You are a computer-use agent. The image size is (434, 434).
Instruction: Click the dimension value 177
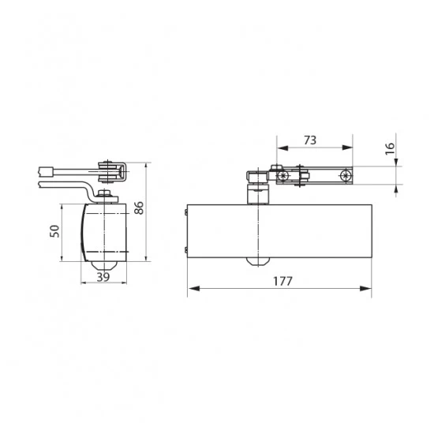point(282,281)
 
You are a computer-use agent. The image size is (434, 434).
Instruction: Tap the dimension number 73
point(310,140)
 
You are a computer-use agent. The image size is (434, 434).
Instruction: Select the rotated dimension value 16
point(390,148)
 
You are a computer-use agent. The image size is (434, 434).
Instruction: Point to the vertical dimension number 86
point(139,208)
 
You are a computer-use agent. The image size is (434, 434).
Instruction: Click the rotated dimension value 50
point(54,231)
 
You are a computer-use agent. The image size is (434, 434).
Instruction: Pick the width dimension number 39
point(103,277)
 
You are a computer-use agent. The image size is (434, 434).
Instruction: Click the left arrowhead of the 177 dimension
point(194,289)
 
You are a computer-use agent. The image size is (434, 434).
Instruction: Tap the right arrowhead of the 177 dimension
point(365,289)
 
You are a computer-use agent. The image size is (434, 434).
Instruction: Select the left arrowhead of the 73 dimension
point(282,148)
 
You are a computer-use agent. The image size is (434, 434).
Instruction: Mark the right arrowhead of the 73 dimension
point(347,148)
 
